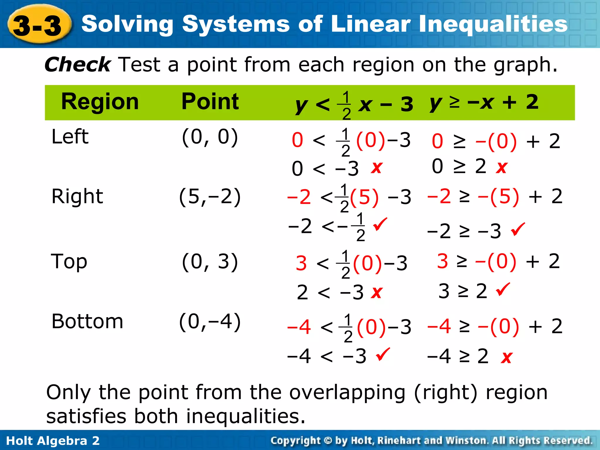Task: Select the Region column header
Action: (100, 102)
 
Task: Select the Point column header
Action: (210, 102)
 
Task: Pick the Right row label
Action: (77, 196)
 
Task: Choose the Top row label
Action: (69, 261)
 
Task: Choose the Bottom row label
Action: (87, 321)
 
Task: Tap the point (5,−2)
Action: (210, 197)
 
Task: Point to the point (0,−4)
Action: (210, 322)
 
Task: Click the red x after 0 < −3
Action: (376, 168)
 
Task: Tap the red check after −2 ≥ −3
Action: (518, 229)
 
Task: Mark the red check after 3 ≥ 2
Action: (503, 289)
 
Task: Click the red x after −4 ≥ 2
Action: (507, 357)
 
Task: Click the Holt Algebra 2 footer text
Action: (53, 441)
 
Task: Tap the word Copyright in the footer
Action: (296, 441)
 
